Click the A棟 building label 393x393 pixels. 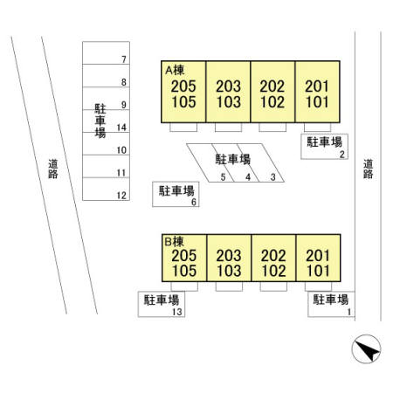coord(175,70)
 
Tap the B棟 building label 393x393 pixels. coord(174,242)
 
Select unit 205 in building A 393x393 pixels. coord(183,86)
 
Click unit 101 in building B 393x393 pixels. coord(318,271)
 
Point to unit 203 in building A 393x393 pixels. coord(228,86)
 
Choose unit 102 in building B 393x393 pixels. coord(273,271)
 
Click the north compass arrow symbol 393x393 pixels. coord(366,349)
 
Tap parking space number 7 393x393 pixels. coord(124,59)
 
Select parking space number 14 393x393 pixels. coord(121,128)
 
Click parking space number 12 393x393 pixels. coord(121,196)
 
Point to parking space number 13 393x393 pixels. coord(177,312)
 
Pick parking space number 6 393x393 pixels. coord(194,202)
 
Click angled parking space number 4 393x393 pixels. coord(248,176)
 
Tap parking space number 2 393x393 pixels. coord(342,155)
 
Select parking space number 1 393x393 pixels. coord(349,312)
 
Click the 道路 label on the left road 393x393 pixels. coord(53,169)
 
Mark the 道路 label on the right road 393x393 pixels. coord(368,169)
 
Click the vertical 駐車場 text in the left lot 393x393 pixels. coord(100,121)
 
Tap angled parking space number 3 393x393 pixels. coord(272,176)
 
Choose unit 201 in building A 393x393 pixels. coord(317,86)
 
